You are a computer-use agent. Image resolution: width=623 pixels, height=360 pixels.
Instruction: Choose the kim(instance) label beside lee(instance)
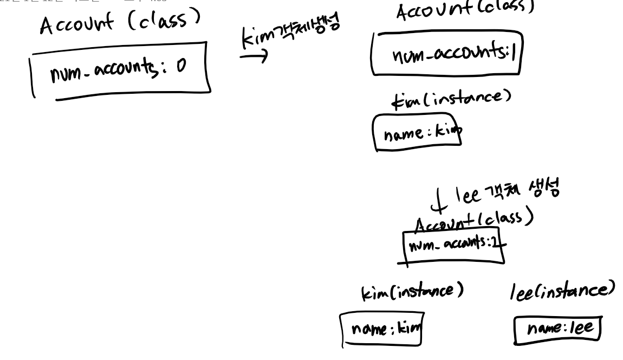tap(412, 292)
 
